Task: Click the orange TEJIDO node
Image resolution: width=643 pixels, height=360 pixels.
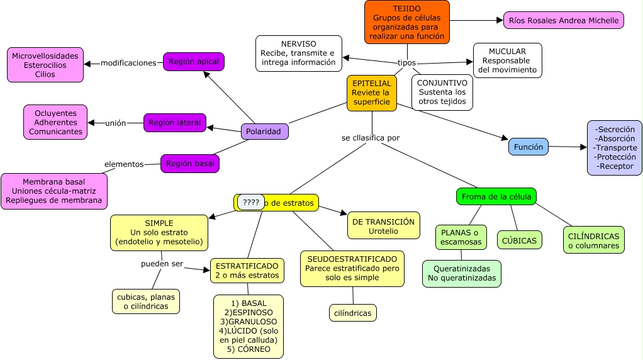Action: [x=407, y=21]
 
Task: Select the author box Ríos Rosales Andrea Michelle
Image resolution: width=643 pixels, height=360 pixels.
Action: [x=563, y=20]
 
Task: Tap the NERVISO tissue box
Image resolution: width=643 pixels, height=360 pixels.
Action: [x=298, y=53]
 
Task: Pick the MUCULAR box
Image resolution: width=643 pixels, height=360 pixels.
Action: [x=507, y=60]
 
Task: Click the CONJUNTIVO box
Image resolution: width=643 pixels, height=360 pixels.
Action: [x=442, y=92]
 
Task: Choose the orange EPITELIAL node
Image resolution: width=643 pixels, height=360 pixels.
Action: [x=371, y=93]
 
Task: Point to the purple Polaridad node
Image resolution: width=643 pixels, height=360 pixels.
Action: [x=264, y=132]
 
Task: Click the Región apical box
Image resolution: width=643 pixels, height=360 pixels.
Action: [x=193, y=62]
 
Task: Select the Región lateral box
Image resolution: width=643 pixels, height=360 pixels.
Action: [x=175, y=123]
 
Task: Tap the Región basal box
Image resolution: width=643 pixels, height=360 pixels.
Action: [x=190, y=164]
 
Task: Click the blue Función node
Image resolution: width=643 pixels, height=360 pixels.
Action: [x=528, y=147]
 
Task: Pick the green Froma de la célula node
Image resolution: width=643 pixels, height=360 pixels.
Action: [x=496, y=196]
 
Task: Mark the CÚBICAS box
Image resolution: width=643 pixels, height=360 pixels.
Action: [x=519, y=240]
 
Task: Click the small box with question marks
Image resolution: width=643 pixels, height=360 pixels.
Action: [x=250, y=202]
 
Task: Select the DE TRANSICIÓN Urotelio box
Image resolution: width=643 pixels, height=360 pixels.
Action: [x=383, y=225]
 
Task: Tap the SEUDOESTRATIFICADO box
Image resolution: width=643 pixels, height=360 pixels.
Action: [x=352, y=268]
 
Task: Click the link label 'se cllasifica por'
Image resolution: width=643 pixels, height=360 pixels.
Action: [x=371, y=137]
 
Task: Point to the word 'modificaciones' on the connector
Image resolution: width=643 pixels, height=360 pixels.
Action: [x=128, y=63]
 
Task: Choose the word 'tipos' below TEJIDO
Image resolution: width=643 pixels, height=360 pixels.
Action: [x=406, y=63]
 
